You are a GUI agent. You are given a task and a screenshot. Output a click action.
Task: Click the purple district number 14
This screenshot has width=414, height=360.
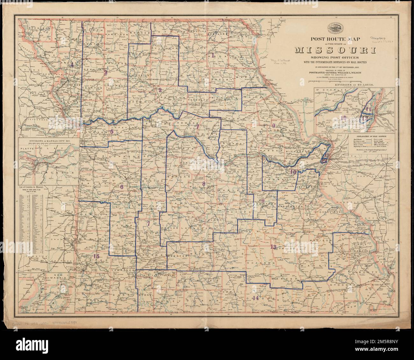tap(255, 298)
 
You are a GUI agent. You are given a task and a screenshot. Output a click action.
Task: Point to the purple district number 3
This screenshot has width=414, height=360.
tap(106, 72)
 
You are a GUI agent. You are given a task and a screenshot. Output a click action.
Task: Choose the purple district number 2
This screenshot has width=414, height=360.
tap(160, 90)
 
